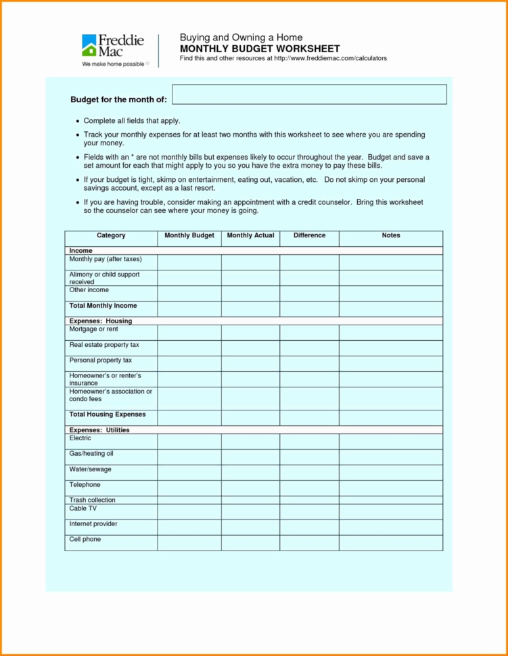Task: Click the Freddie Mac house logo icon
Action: [89, 45]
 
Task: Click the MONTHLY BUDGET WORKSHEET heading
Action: [260, 49]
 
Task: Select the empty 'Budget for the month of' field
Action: [309, 95]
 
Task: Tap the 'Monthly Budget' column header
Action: [189, 235]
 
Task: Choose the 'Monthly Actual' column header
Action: [250, 235]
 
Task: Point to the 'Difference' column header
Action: [309, 235]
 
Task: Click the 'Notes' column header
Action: [390, 235]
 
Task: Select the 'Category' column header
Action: [111, 235]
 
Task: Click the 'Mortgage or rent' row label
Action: [93, 329]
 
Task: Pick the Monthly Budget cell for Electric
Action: [189, 442]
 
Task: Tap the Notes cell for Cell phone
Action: [390, 542]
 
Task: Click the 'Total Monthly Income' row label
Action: [103, 306]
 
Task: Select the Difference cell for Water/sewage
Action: [309, 473]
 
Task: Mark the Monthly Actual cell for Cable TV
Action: [250, 511]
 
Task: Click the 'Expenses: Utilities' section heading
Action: [99, 430]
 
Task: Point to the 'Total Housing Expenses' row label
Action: [107, 414]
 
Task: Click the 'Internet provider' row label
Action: [93, 523]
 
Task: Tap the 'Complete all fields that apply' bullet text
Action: [132, 120]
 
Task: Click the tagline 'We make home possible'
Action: [113, 64]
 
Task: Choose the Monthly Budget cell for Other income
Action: [189, 294]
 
